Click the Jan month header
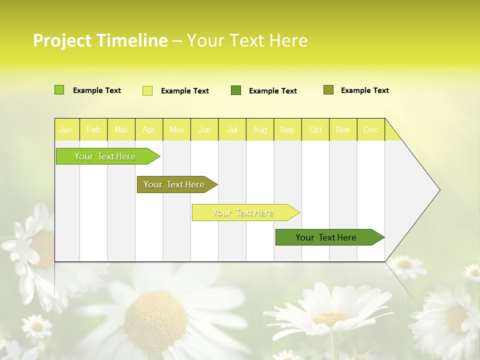[x=66, y=129]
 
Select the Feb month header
[x=93, y=129]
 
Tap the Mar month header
[x=121, y=129]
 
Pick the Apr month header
[x=149, y=129]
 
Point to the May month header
[x=176, y=129]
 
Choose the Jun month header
[x=204, y=129]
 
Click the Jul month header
[x=232, y=129]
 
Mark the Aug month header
[x=260, y=129]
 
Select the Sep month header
[x=287, y=129]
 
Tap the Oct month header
[x=315, y=129]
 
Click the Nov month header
[x=343, y=129]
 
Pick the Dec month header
[x=371, y=129]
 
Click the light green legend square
[x=59, y=90]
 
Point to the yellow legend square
[x=147, y=90]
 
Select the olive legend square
[x=328, y=90]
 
